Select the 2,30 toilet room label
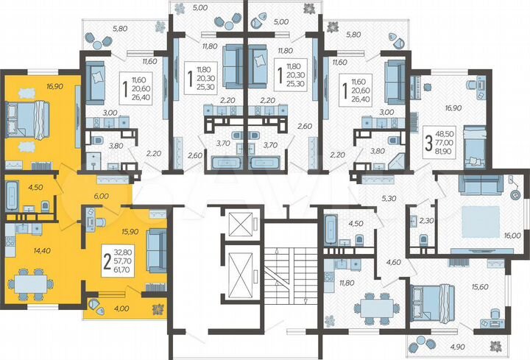[425, 219]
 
